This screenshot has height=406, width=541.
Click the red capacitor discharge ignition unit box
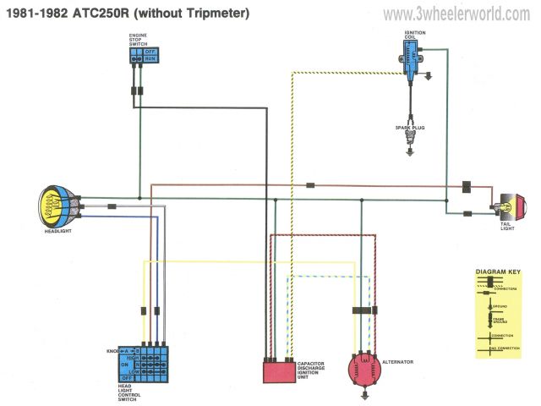(x=278, y=370)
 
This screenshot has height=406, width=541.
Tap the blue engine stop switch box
(x=144, y=54)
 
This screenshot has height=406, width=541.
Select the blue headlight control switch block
(x=147, y=363)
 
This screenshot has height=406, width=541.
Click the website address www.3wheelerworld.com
(x=456, y=14)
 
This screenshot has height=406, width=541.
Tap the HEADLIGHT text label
(x=58, y=231)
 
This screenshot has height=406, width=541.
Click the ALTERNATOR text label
(x=398, y=362)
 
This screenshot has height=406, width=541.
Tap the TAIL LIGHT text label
(x=507, y=224)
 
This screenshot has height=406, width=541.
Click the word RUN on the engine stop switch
(x=150, y=59)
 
